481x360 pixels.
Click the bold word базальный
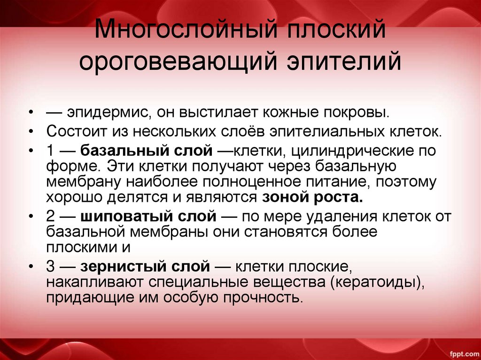tap(120, 152)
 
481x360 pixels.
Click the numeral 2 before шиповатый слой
tap(51, 217)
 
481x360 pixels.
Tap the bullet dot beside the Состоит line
tap(31, 131)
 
